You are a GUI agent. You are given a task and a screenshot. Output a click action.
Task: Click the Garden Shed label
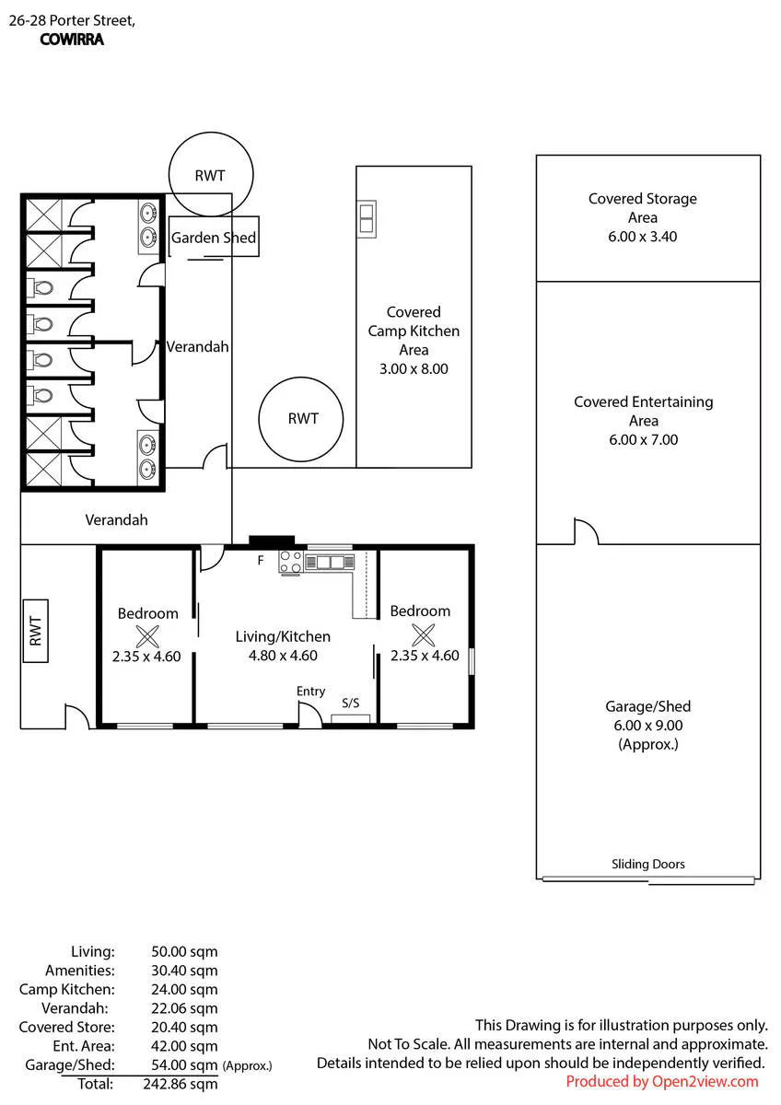point(213,238)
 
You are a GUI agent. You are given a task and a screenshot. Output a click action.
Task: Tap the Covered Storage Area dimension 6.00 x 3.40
point(642,237)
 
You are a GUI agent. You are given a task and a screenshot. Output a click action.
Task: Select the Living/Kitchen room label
point(283,636)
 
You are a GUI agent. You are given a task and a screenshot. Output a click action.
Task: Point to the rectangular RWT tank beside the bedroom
point(36,631)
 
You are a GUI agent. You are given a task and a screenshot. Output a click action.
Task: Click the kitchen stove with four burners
point(291,563)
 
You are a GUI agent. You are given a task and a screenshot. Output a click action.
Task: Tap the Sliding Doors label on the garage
point(647,864)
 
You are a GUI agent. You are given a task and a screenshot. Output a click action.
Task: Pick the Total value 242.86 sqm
point(181,1084)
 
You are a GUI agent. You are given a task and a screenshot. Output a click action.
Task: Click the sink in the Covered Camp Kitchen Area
point(367,219)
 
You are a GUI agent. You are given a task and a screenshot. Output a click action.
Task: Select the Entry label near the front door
point(310,692)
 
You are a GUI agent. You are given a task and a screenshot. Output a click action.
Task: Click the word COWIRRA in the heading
point(72,40)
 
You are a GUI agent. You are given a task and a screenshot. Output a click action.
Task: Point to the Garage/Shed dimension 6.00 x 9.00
point(647,726)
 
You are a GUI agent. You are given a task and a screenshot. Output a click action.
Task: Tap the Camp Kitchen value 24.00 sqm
point(184,989)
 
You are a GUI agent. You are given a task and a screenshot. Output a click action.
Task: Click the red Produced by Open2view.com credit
point(661,1081)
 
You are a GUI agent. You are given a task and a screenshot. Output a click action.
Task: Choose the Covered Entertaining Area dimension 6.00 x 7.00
point(644,439)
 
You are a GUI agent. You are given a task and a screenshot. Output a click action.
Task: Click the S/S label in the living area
point(350,703)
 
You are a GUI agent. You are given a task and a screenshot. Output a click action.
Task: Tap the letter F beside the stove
point(261,560)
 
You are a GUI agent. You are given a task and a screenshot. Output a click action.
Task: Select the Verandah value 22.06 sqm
point(184,1008)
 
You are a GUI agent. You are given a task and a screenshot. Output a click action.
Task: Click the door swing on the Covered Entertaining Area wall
point(586,530)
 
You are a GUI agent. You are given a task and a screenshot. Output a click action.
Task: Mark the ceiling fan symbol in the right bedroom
point(424,634)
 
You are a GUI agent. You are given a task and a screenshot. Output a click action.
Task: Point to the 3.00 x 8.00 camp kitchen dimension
point(414,368)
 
